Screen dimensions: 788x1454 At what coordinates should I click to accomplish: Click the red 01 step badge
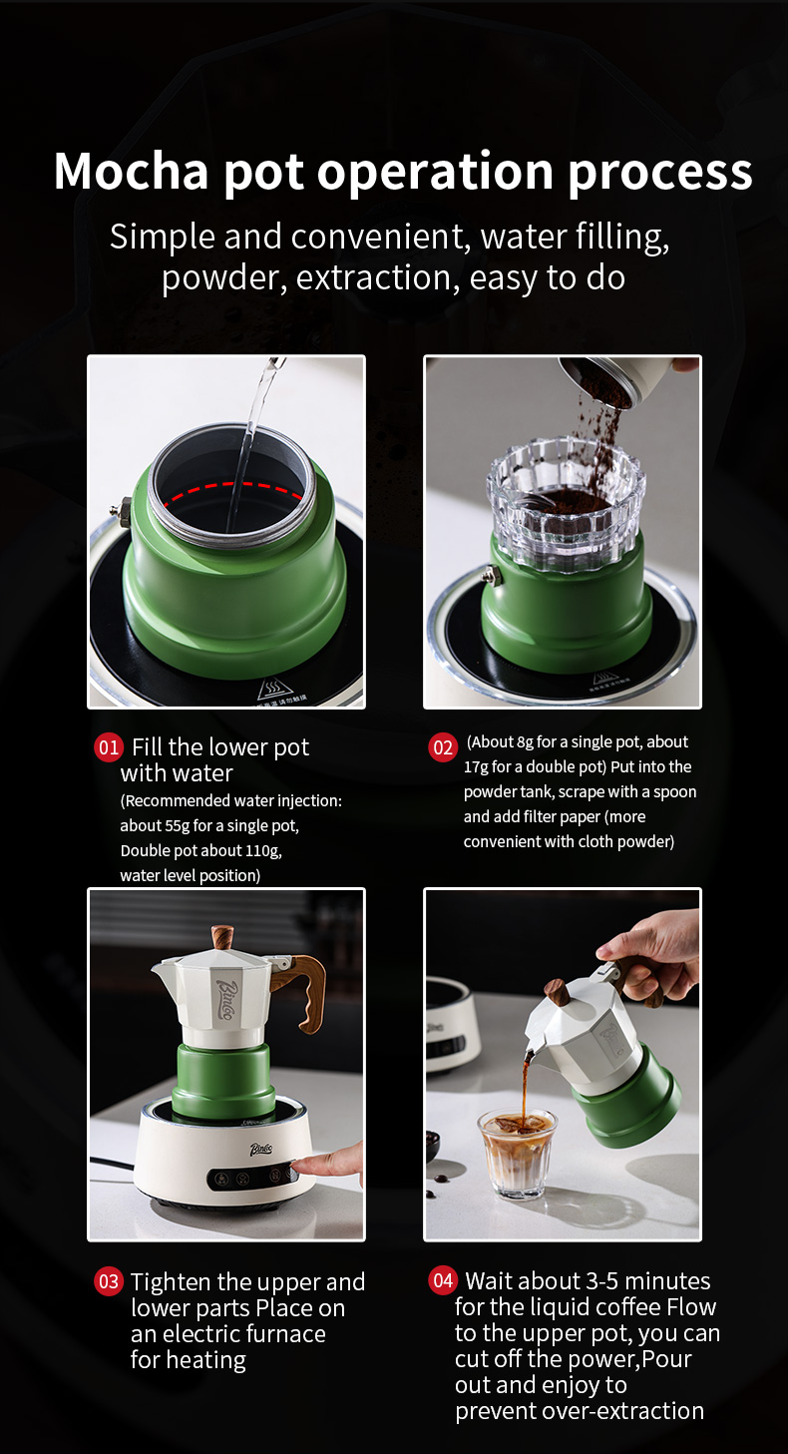click(109, 747)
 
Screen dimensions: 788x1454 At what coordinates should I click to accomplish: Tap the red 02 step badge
click(442, 747)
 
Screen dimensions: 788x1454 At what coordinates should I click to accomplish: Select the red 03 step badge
click(109, 1281)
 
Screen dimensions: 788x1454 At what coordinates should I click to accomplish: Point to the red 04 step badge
click(442, 1280)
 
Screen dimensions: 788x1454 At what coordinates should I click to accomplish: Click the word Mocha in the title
click(131, 172)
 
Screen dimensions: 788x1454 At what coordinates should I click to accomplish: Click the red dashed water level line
click(232, 490)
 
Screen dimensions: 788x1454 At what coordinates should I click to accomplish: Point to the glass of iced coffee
click(518, 1153)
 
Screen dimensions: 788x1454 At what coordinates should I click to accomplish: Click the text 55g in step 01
click(178, 825)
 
